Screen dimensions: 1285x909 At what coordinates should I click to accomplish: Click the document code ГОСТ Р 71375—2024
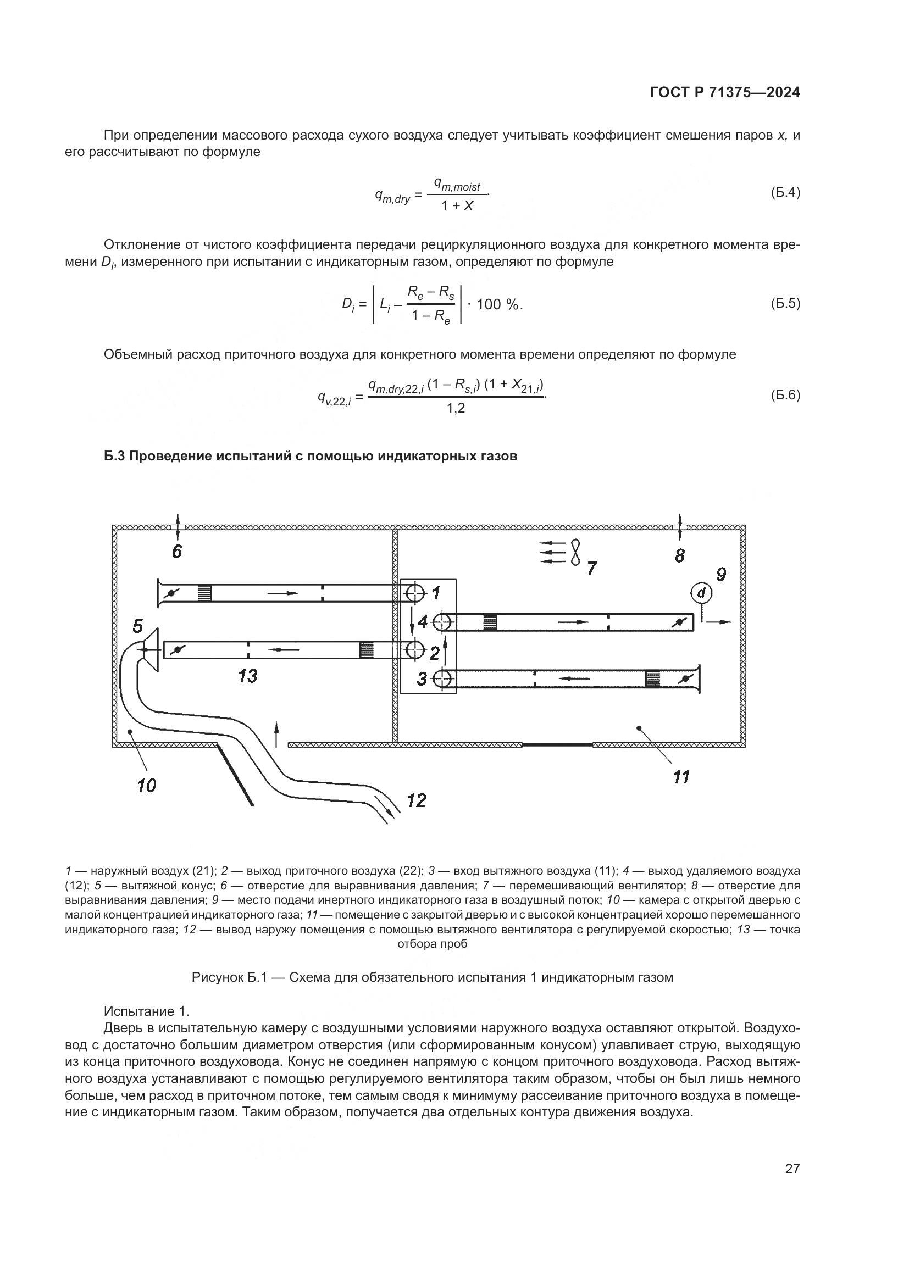pyautogui.click(x=725, y=93)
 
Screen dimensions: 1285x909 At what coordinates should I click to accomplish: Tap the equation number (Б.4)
pyautogui.click(x=785, y=192)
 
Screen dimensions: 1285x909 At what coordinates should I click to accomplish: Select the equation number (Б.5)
pyautogui.click(x=785, y=303)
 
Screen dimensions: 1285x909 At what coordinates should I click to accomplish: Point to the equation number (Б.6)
pyautogui.click(x=785, y=395)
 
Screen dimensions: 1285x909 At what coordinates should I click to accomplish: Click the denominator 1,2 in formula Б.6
pyautogui.click(x=456, y=409)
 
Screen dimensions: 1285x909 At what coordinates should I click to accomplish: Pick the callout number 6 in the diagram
pyautogui.click(x=177, y=552)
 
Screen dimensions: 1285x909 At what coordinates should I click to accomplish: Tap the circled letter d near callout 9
pyautogui.click(x=701, y=592)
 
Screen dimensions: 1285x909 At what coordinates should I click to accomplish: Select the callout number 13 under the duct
pyautogui.click(x=247, y=676)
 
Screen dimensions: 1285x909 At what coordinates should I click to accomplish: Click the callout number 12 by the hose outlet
pyautogui.click(x=417, y=800)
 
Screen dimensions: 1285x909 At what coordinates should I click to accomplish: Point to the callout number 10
pyautogui.click(x=146, y=786)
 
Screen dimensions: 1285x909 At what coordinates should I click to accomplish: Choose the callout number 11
pyautogui.click(x=681, y=777)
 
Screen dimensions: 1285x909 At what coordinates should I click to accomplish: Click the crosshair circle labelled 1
pyautogui.click(x=415, y=592)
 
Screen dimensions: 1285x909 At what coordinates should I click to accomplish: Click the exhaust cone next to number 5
pyautogui.click(x=152, y=650)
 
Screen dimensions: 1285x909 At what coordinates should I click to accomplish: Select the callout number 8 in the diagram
pyautogui.click(x=679, y=556)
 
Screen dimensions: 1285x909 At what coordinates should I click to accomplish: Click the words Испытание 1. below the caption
pyautogui.click(x=147, y=1011)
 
